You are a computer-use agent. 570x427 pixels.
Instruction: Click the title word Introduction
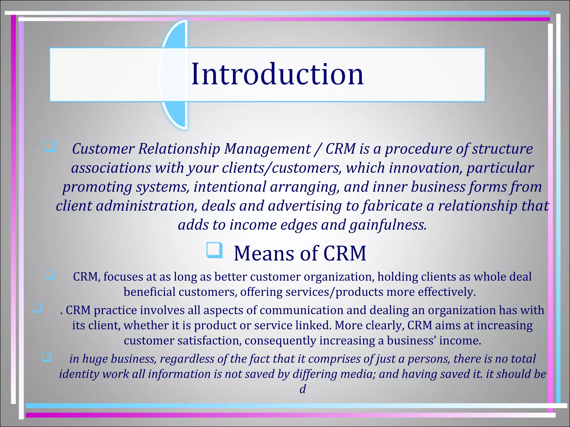tap(277, 74)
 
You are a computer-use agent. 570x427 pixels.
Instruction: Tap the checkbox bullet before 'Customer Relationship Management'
tap(50, 147)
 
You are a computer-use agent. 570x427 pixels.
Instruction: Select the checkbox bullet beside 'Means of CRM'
tap(215, 250)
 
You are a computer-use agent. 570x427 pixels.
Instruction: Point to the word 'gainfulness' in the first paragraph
tap(388, 225)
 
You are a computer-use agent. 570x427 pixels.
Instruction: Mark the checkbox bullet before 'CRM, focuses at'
tap(50, 275)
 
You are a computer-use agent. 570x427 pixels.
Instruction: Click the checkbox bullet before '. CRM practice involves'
tap(37, 308)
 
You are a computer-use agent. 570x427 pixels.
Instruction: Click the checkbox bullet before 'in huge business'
tap(46, 357)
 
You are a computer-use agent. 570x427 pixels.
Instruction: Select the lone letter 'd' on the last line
tap(303, 389)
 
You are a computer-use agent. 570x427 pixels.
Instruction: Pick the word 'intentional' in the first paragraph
tap(230, 187)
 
